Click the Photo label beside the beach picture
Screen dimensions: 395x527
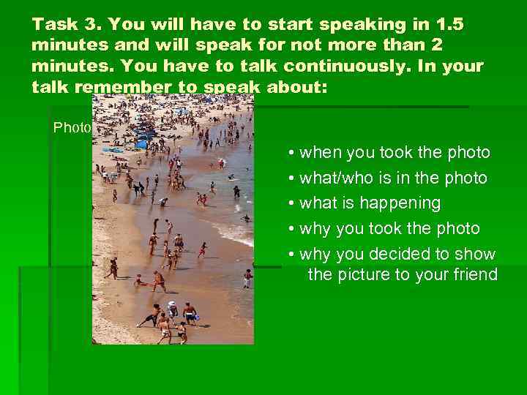pyautogui.click(x=72, y=127)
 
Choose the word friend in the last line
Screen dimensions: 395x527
pyautogui.click(x=474, y=275)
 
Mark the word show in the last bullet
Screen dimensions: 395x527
pyautogui.click(x=477, y=255)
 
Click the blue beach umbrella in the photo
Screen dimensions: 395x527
pyautogui.click(x=141, y=144)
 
